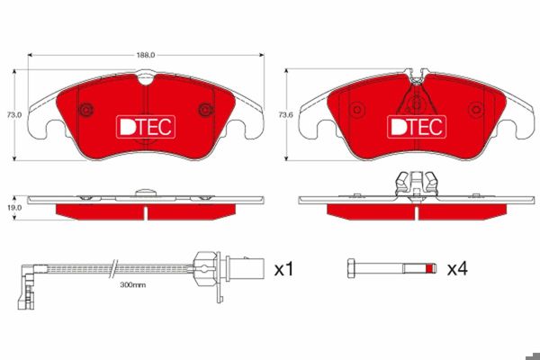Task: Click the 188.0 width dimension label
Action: click(146, 55)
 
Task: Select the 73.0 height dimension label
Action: click(14, 115)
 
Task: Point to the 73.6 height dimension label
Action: click(285, 115)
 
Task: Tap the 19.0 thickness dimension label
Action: click(14, 208)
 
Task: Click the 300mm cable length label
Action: click(133, 285)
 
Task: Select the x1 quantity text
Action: click(283, 269)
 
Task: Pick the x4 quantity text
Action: click(457, 269)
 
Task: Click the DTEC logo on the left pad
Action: click(146, 127)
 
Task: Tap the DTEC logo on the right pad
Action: click(417, 127)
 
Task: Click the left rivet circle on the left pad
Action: click(86, 110)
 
